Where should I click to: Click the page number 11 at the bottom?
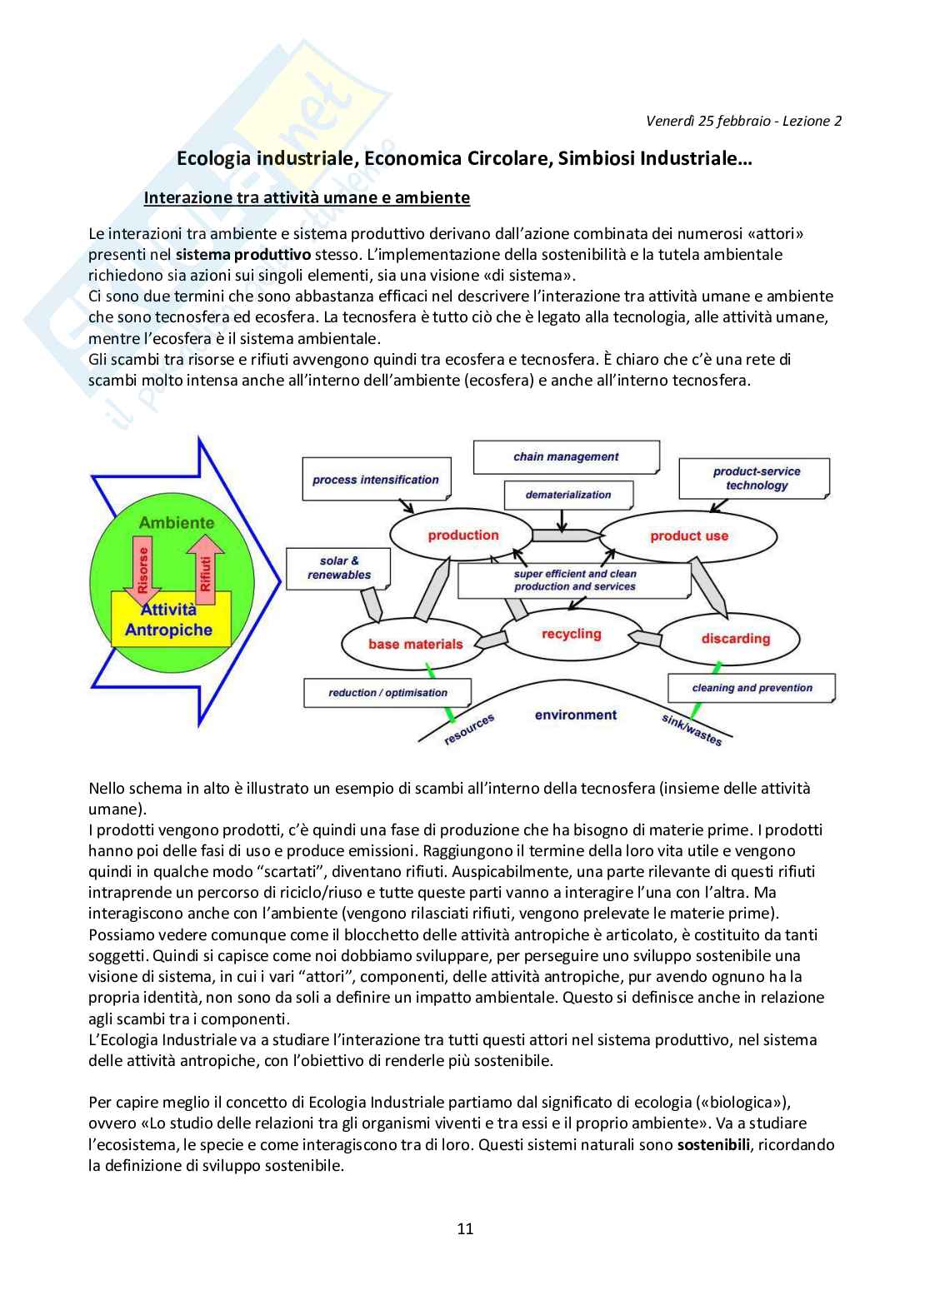tap(465, 1228)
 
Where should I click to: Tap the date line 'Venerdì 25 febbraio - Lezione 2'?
tap(743, 121)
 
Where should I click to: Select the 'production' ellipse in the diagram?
tap(463, 535)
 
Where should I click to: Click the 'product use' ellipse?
tap(689, 536)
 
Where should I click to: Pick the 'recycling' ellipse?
tap(571, 635)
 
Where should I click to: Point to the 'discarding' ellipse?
tap(735, 639)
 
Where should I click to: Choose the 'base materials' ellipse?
tap(414, 644)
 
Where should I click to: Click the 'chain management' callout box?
tap(566, 456)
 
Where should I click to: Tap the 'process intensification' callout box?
tap(375, 480)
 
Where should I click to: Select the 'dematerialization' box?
tap(567, 495)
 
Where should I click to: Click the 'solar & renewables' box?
tap(338, 568)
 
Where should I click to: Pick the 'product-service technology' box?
tap(755, 478)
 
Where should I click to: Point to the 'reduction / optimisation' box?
tap(387, 692)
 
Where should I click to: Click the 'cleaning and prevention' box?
tap(751, 688)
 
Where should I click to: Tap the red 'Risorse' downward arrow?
tap(143, 570)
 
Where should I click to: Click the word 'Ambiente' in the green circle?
tap(176, 523)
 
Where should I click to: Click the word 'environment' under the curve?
tap(575, 715)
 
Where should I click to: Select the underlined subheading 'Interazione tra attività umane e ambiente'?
tap(307, 197)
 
